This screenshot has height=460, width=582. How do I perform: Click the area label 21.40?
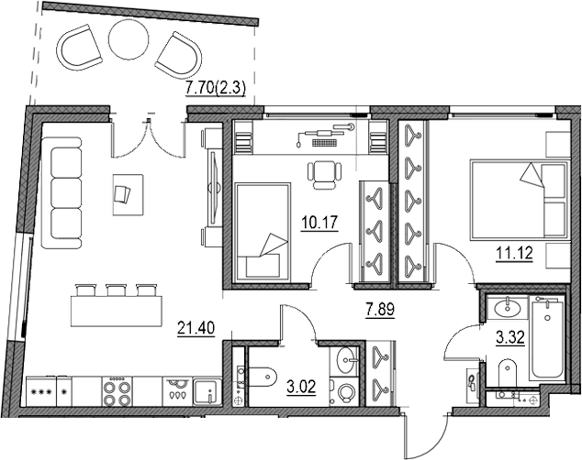[196, 328]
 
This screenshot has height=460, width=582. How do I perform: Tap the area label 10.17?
[319, 223]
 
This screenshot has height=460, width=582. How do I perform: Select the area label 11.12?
[514, 254]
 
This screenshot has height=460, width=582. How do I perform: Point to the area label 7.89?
[380, 310]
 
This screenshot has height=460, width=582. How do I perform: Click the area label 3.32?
[510, 337]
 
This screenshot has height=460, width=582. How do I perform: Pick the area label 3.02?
[301, 387]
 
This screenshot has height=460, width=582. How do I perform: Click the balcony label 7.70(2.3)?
[216, 89]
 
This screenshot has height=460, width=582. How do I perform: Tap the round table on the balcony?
[129, 38]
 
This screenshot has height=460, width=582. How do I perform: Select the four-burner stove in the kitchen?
[117, 392]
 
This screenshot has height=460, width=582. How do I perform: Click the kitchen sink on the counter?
[207, 392]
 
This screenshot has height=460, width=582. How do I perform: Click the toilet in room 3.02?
[262, 377]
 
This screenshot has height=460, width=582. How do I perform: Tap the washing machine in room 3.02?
[345, 392]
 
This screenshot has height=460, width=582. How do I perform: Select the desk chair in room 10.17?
[324, 175]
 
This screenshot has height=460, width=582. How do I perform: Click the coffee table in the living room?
[128, 195]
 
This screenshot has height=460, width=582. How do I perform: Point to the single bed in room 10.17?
[263, 230]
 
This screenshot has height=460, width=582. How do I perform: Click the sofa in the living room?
[62, 192]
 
